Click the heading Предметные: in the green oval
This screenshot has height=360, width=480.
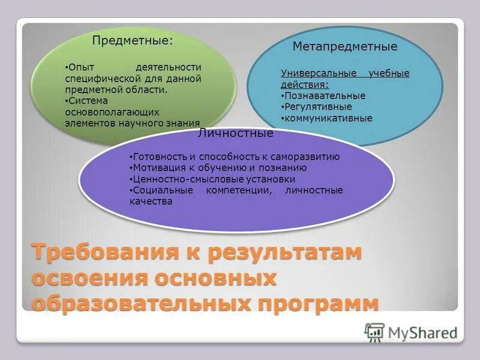pyautogui.click(x=132, y=41)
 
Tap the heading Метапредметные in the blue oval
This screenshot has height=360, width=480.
pyautogui.click(x=345, y=46)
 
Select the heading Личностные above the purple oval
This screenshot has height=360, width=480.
pyautogui.click(x=236, y=133)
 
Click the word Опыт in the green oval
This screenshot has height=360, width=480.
pyautogui.click(x=82, y=67)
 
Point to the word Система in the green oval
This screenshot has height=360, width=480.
pyautogui.click(x=86, y=100)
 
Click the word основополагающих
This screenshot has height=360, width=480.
pyautogui.click(x=103, y=111)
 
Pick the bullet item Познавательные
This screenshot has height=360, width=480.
pyautogui.click(x=325, y=95)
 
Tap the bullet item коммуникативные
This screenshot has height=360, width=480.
pyautogui.click(x=328, y=118)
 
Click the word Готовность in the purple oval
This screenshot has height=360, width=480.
pyautogui.click(x=157, y=157)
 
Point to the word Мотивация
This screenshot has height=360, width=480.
pyautogui.click(x=157, y=168)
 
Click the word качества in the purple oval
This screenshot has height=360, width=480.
pyautogui.click(x=151, y=202)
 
